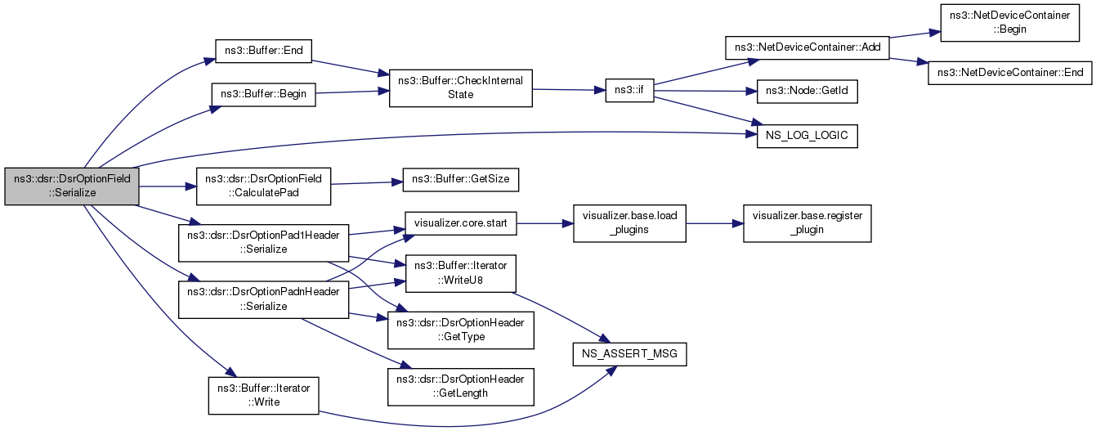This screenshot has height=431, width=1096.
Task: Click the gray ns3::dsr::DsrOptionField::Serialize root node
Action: coord(72,186)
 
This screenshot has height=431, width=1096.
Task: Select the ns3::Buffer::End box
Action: coord(263,51)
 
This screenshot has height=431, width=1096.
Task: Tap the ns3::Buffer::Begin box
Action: coord(263,95)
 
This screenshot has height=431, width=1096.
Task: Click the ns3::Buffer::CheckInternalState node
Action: coord(460,88)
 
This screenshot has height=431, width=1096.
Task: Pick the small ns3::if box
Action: coord(629,91)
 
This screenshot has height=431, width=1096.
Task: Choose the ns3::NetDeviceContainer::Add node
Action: coord(807,47)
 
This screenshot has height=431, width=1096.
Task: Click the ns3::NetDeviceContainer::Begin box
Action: coord(1009,23)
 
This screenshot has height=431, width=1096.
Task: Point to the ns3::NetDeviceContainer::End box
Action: coord(1010,73)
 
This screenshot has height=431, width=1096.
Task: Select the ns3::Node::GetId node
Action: coord(807,91)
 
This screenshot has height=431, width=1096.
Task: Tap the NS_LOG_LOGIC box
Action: coord(807,136)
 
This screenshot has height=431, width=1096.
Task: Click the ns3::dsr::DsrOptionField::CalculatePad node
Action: coord(263,186)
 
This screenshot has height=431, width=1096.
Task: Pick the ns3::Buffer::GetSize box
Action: coord(460,180)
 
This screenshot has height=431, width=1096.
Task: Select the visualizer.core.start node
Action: coord(460,223)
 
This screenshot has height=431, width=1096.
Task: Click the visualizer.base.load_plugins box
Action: coord(629,223)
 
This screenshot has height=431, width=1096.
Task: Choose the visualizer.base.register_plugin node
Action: coord(807,223)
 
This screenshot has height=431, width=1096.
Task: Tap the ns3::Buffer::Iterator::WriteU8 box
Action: coord(460,273)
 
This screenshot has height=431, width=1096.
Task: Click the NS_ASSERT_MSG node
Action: coord(629,354)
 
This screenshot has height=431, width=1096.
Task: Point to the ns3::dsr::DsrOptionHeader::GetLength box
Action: coord(460,387)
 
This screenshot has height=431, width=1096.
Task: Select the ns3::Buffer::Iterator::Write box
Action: coord(263,396)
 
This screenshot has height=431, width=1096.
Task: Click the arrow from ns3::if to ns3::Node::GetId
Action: coord(705,91)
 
